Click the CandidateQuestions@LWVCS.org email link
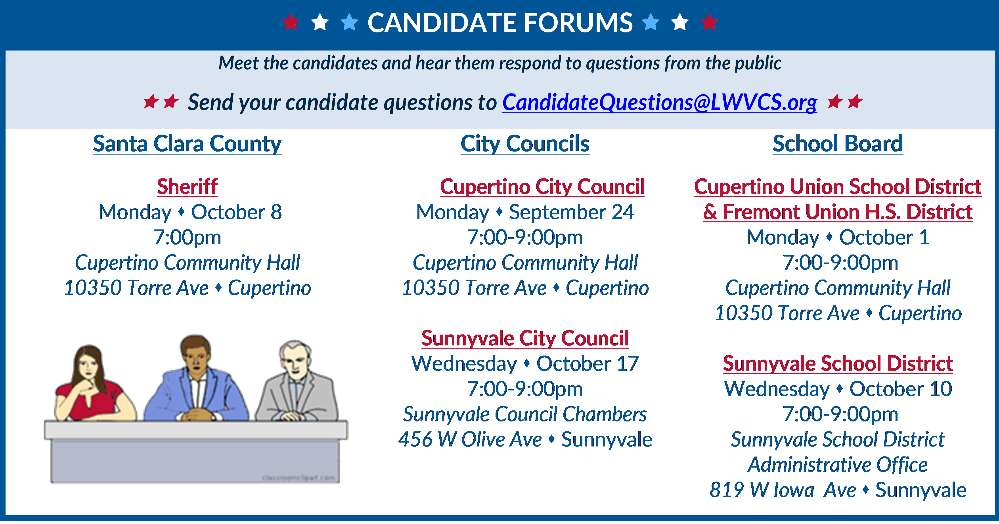(660, 102)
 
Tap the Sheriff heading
(187, 187)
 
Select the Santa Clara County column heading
(187, 144)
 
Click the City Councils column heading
(525, 144)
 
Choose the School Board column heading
(838, 144)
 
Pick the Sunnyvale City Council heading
(525, 338)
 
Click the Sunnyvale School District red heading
(838, 364)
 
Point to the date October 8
(237, 212)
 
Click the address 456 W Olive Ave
(470, 440)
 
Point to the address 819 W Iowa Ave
(783, 490)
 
